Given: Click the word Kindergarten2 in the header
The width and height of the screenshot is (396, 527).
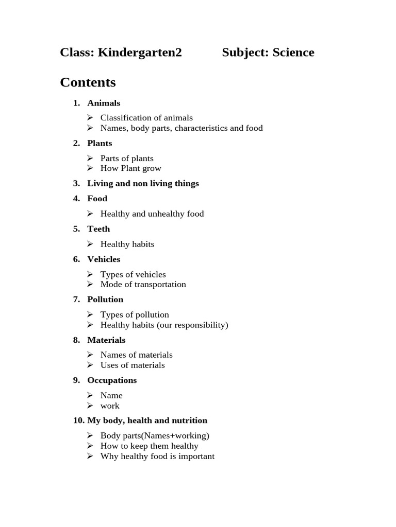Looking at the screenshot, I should (x=140, y=52).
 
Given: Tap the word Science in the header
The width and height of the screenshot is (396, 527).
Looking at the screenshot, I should (x=293, y=52).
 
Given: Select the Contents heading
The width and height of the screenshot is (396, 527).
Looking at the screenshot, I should (x=88, y=82).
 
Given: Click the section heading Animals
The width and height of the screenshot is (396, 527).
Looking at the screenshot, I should (x=104, y=103).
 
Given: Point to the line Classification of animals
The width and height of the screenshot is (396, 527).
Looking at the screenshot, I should (x=146, y=118).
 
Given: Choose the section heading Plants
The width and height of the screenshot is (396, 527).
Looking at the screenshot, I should (x=100, y=143).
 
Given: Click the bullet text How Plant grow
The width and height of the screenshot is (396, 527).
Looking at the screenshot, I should (x=131, y=168).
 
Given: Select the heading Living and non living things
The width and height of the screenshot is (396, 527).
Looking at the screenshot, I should (x=143, y=183).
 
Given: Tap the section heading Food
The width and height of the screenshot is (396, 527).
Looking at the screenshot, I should (x=97, y=199).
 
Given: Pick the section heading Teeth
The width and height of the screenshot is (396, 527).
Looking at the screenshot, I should (x=98, y=229).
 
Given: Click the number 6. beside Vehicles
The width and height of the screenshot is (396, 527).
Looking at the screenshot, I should (x=76, y=259).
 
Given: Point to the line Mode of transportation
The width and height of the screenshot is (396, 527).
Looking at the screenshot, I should (x=143, y=285).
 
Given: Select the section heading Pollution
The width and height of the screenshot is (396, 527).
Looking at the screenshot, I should (x=105, y=300).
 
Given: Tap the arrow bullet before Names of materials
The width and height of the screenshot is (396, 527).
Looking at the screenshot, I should (x=90, y=355).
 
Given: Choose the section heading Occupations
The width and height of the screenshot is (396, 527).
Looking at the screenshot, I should (x=112, y=380).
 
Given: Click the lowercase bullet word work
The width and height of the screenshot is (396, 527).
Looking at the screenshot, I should (x=110, y=406).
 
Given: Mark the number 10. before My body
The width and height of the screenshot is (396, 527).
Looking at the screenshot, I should (x=79, y=420).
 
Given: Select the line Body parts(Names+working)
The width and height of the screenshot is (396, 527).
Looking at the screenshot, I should (x=155, y=436).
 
